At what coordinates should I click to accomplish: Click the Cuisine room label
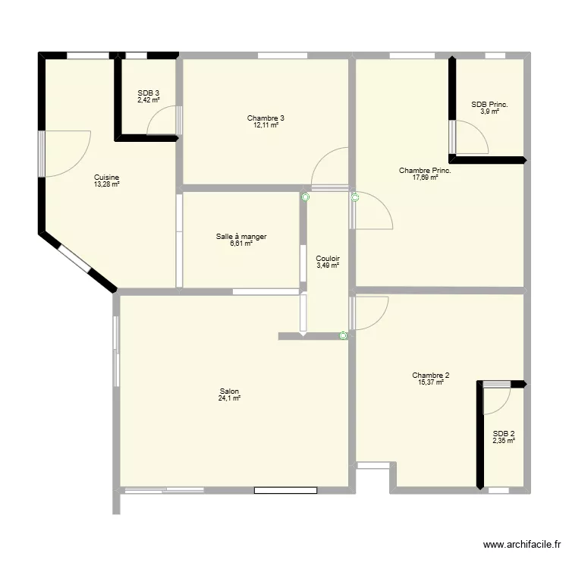pyautogui.click(x=107, y=176)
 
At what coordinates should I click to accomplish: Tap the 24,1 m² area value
pyautogui.click(x=229, y=398)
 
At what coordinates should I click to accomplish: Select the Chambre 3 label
pyautogui.click(x=266, y=118)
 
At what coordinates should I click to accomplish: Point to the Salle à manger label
pyautogui.click(x=241, y=237)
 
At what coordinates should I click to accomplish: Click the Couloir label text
pyautogui.click(x=328, y=258)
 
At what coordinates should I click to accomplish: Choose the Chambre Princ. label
pyautogui.click(x=425, y=171)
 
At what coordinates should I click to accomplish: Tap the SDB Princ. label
pyautogui.click(x=489, y=105)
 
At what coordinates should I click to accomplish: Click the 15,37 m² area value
pyautogui.click(x=431, y=382)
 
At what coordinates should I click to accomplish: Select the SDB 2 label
pyautogui.click(x=504, y=433)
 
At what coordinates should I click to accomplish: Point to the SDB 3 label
pyautogui.click(x=149, y=93)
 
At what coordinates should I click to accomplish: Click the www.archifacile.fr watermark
pyautogui.click(x=523, y=545)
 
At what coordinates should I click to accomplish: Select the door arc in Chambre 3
pyautogui.click(x=330, y=167)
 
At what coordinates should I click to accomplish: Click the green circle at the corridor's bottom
pyautogui.click(x=344, y=335)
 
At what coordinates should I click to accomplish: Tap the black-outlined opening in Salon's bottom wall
pyautogui.click(x=285, y=490)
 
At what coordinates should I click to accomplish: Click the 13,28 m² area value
pyautogui.click(x=107, y=184)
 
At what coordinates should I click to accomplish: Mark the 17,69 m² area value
pyautogui.click(x=425, y=178)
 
